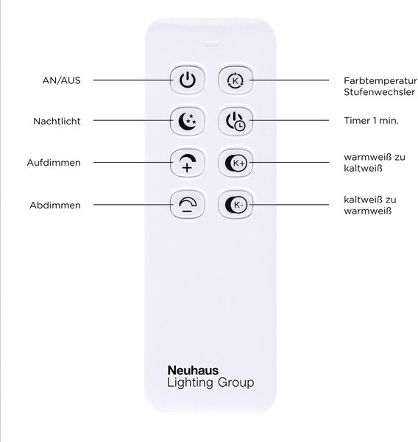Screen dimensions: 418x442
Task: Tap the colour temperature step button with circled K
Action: [x=235, y=80]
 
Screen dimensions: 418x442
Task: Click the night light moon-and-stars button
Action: [x=188, y=122]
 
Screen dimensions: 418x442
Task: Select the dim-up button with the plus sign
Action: [x=188, y=163]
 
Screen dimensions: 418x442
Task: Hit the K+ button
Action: [x=235, y=163]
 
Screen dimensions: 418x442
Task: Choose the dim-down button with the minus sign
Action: [x=188, y=205]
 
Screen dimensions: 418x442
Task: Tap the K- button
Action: [x=235, y=205]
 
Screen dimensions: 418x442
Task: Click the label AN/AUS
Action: [x=61, y=80]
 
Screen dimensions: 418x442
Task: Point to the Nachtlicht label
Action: [x=57, y=122]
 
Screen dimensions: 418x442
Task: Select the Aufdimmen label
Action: [x=54, y=163]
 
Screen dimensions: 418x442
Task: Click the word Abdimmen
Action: [x=55, y=206]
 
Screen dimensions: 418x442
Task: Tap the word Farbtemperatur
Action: [x=380, y=81]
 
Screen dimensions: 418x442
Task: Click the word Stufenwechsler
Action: [x=380, y=92]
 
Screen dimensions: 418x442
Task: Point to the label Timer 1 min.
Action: [x=371, y=121]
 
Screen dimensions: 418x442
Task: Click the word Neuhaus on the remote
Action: [x=193, y=371]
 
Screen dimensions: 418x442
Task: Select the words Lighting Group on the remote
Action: [x=210, y=383]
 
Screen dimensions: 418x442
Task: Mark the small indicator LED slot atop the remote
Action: [x=211, y=44]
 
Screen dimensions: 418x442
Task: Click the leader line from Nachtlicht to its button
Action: [x=133, y=120]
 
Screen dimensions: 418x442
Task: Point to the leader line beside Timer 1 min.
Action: [x=289, y=120]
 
